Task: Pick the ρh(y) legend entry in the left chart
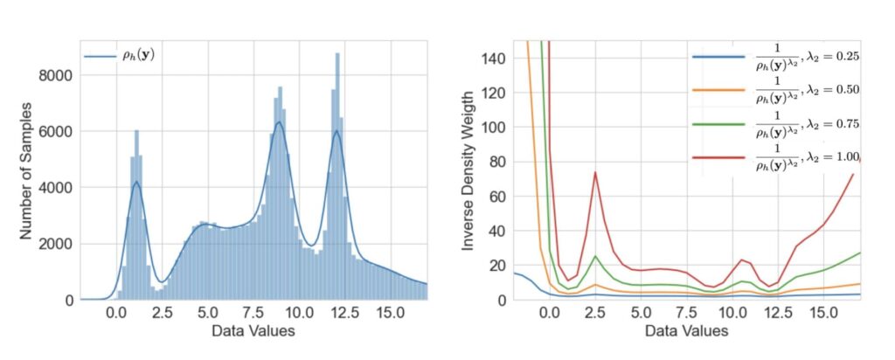[127, 57]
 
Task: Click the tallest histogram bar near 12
[336, 55]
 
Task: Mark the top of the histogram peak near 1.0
[136, 131]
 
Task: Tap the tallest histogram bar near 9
[280, 87]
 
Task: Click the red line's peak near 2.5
[594, 172]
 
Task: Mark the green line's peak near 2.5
[594, 256]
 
